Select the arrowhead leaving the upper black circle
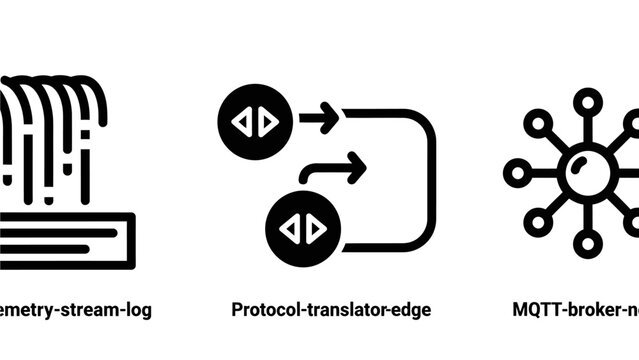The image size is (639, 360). (331, 119)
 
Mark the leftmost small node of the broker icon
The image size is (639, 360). (515, 172)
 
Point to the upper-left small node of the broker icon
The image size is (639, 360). (536, 123)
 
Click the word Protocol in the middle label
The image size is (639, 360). (263, 310)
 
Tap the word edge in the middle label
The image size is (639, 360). (413, 310)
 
